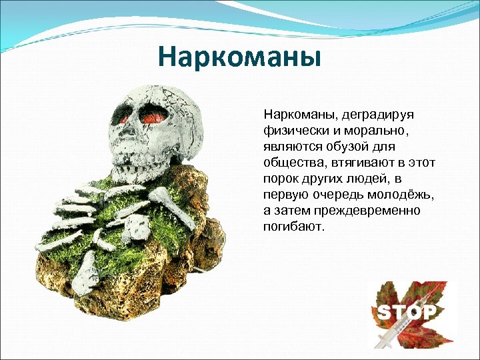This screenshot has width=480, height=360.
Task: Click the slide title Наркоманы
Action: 239,57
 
